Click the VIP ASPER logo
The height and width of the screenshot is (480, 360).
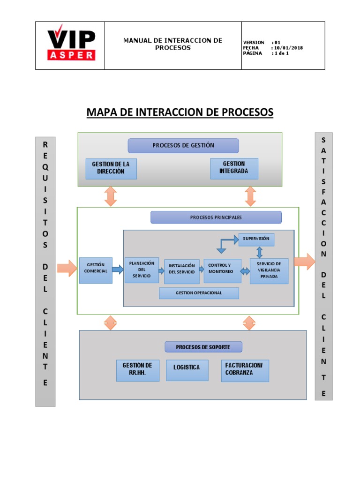click(71, 45)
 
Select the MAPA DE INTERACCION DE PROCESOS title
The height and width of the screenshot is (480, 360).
click(180, 112)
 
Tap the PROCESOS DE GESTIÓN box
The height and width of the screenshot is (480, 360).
click(183, 145)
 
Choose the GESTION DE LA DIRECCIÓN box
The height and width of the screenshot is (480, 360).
click(111, 169)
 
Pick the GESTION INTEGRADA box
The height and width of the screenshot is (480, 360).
click(234, 169)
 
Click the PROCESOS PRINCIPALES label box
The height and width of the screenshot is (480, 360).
click(216, 217)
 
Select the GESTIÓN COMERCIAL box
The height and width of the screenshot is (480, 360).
click(95, 270)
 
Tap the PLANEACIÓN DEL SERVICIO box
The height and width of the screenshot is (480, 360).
click(142, 270)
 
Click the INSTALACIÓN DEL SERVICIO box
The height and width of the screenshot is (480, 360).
click(181, 271)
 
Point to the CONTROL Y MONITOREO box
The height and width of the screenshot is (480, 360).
click(222, 271)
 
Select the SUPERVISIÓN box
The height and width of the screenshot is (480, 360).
click(256, 239)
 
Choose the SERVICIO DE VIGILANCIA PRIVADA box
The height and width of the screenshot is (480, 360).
click(269, 271)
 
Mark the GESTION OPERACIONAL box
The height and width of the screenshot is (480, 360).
click(199, 293)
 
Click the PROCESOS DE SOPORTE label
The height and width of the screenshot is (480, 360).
click(203, 347)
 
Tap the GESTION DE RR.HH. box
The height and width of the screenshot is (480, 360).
click(137, 370)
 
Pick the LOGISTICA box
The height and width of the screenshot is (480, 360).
click(187, 370)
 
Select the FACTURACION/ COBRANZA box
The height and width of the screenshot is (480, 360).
click(244, 370)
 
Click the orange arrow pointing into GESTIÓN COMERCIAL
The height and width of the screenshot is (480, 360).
click(67, 268)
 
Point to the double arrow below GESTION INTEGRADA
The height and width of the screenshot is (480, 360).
click(250, 196)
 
